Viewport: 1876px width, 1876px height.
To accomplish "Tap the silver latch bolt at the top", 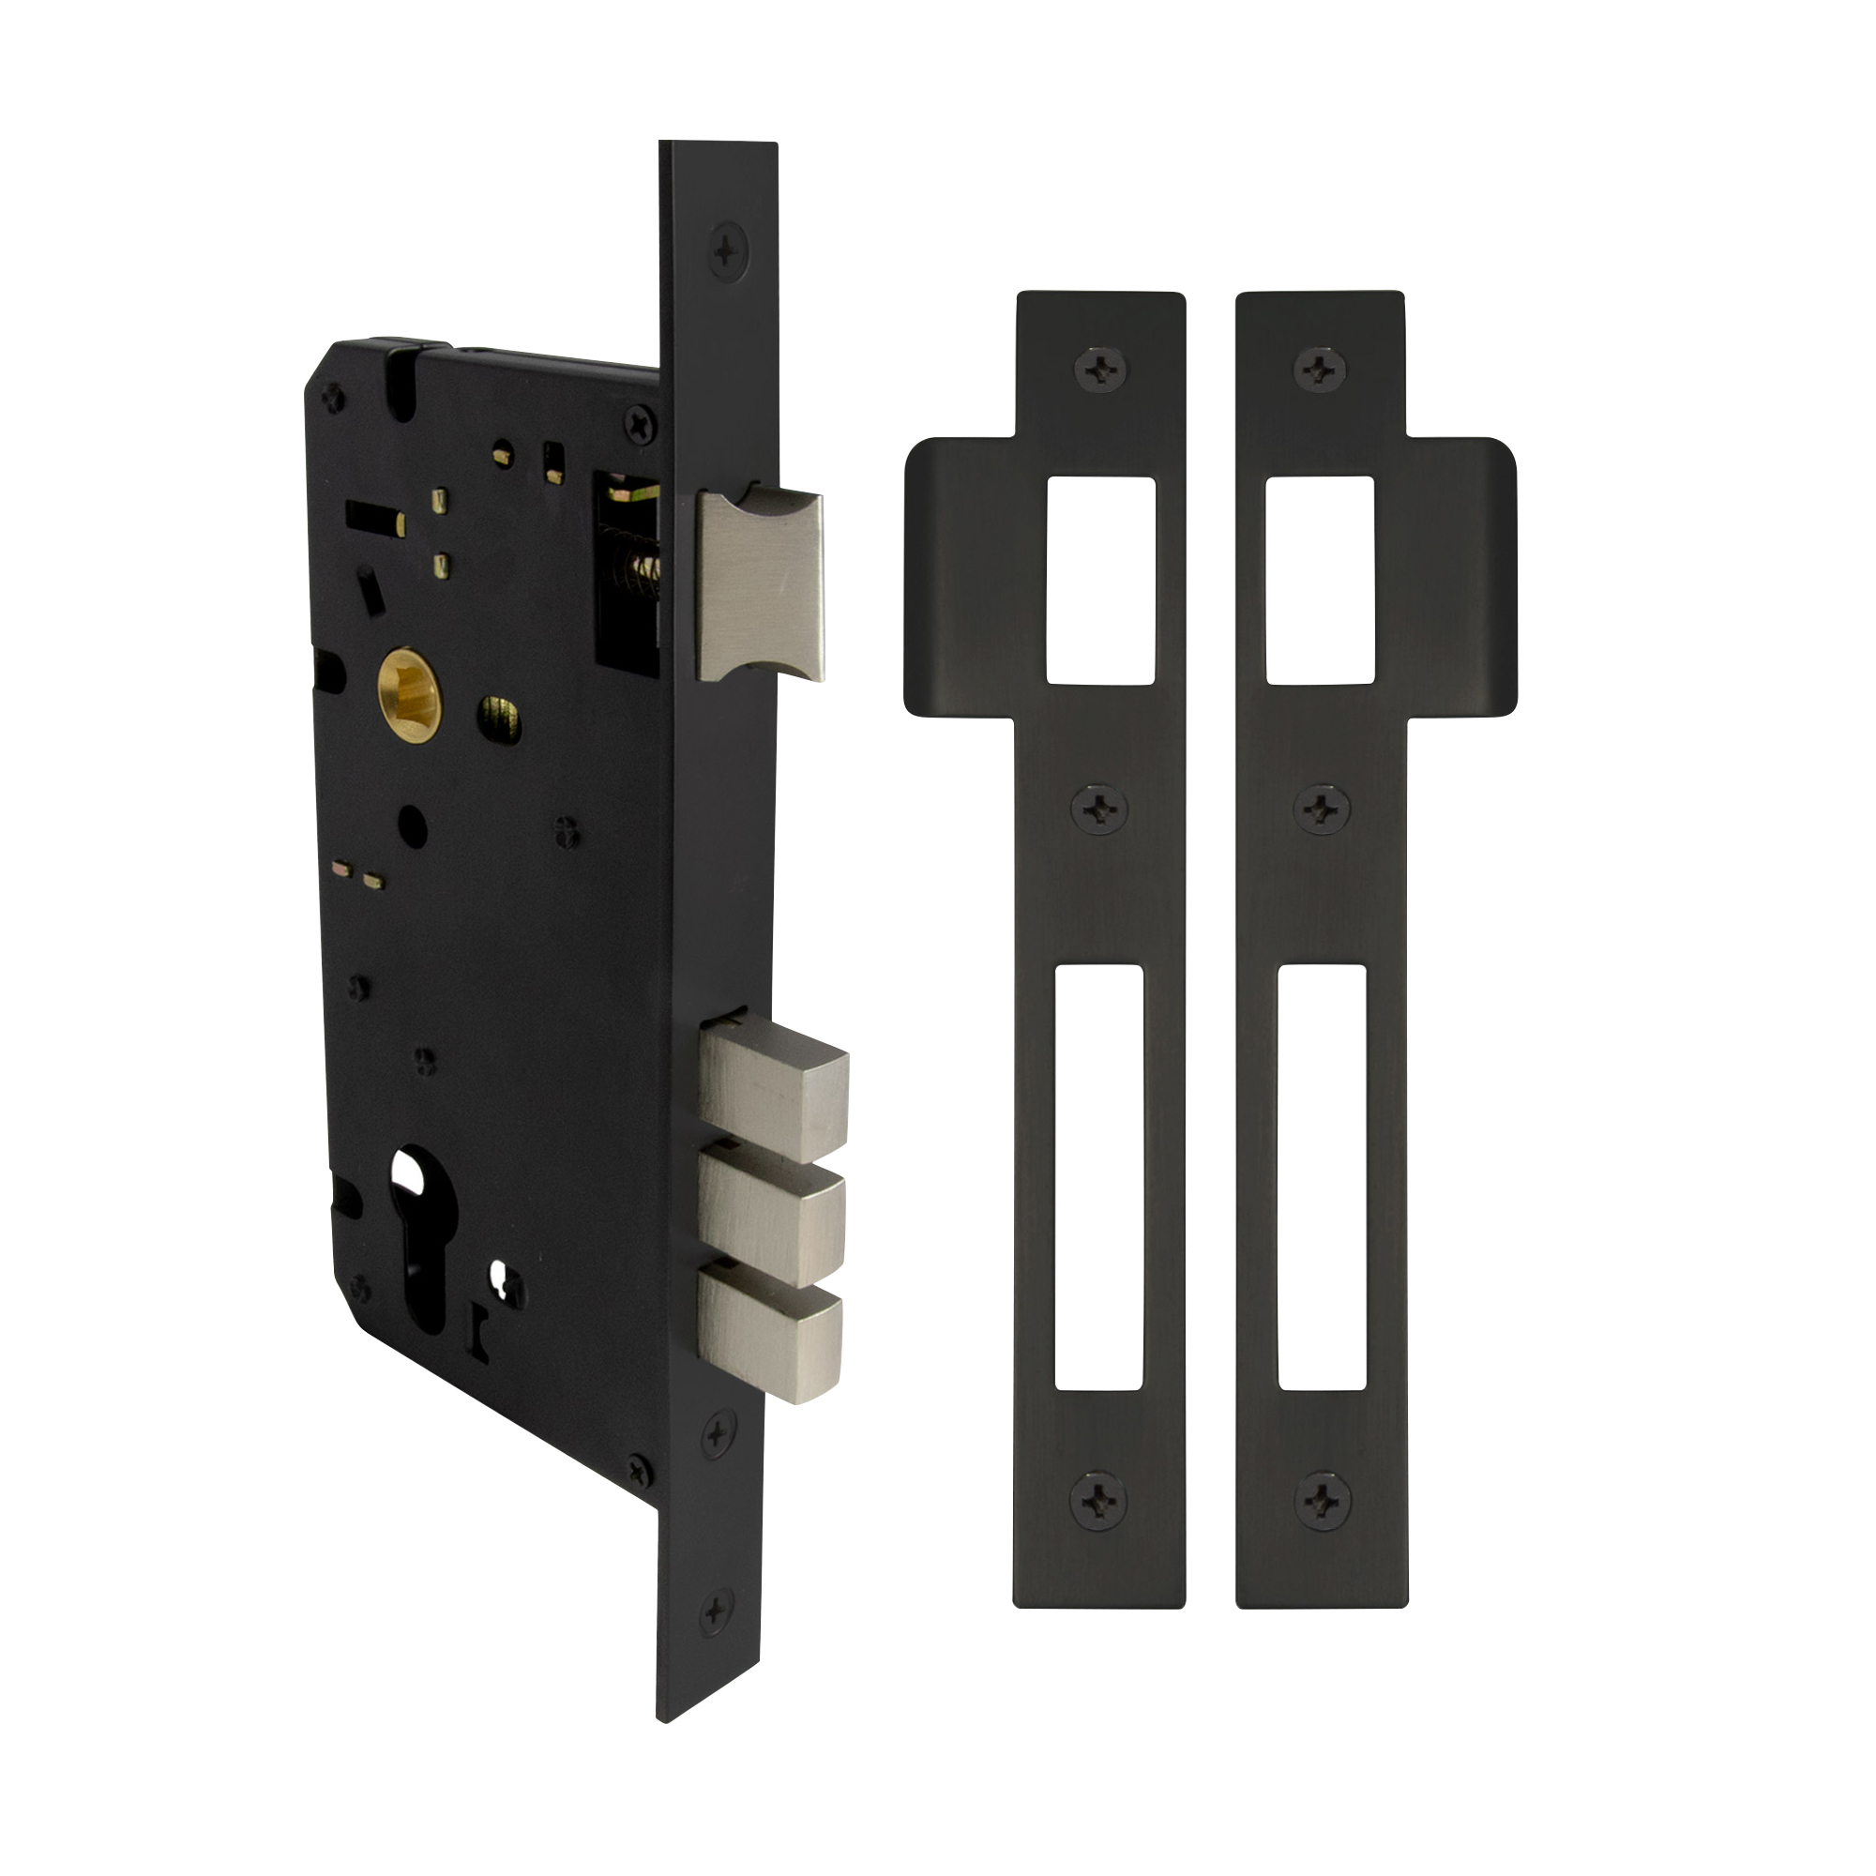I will [763, 585].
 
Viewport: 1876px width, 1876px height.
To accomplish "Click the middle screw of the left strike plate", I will [1099, 808].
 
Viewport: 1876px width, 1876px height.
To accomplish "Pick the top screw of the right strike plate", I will [1322, 366].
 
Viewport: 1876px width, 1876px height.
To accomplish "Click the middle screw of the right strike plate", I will [1323, 807].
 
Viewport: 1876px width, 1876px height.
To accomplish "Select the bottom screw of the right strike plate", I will [1323, 1501].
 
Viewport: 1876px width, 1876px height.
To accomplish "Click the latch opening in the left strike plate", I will [1100, 581].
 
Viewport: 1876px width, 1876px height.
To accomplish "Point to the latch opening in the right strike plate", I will [1320, 580].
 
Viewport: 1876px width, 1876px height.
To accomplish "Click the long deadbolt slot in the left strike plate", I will [1099, 1178].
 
